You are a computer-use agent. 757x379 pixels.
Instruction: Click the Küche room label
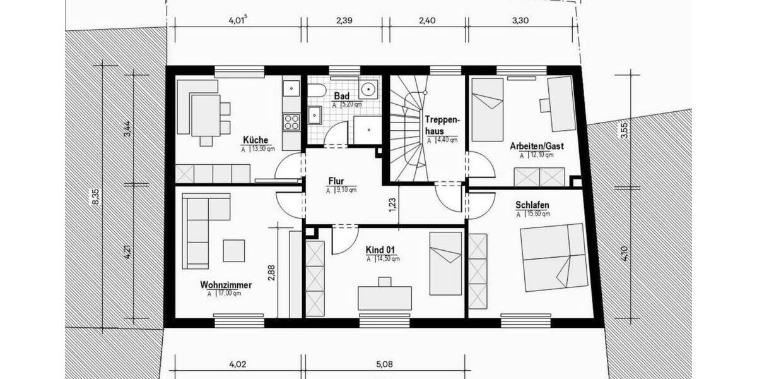point(255,140)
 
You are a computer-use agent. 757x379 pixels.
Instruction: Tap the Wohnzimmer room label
point(226,285)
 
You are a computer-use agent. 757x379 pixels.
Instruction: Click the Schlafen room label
point(532,205)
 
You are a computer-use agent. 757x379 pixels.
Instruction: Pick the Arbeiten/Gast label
point(537,146)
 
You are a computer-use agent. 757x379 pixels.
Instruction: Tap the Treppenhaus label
point(444,124)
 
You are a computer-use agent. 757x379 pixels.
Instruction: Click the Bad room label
point(341,96)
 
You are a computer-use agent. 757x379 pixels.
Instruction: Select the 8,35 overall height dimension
point(95,196)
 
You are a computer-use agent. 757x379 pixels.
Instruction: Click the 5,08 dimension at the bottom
point(384,364)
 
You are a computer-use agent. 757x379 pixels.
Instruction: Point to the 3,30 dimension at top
point(520,20)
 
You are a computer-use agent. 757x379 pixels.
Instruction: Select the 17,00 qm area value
point(228,294)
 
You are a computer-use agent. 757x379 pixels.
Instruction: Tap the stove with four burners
point(291,120)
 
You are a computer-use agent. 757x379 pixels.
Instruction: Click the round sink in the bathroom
point(367,88)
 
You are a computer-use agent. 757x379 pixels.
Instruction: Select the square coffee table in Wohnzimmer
point(234,251)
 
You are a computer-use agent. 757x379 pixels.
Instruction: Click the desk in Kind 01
point(385,298)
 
